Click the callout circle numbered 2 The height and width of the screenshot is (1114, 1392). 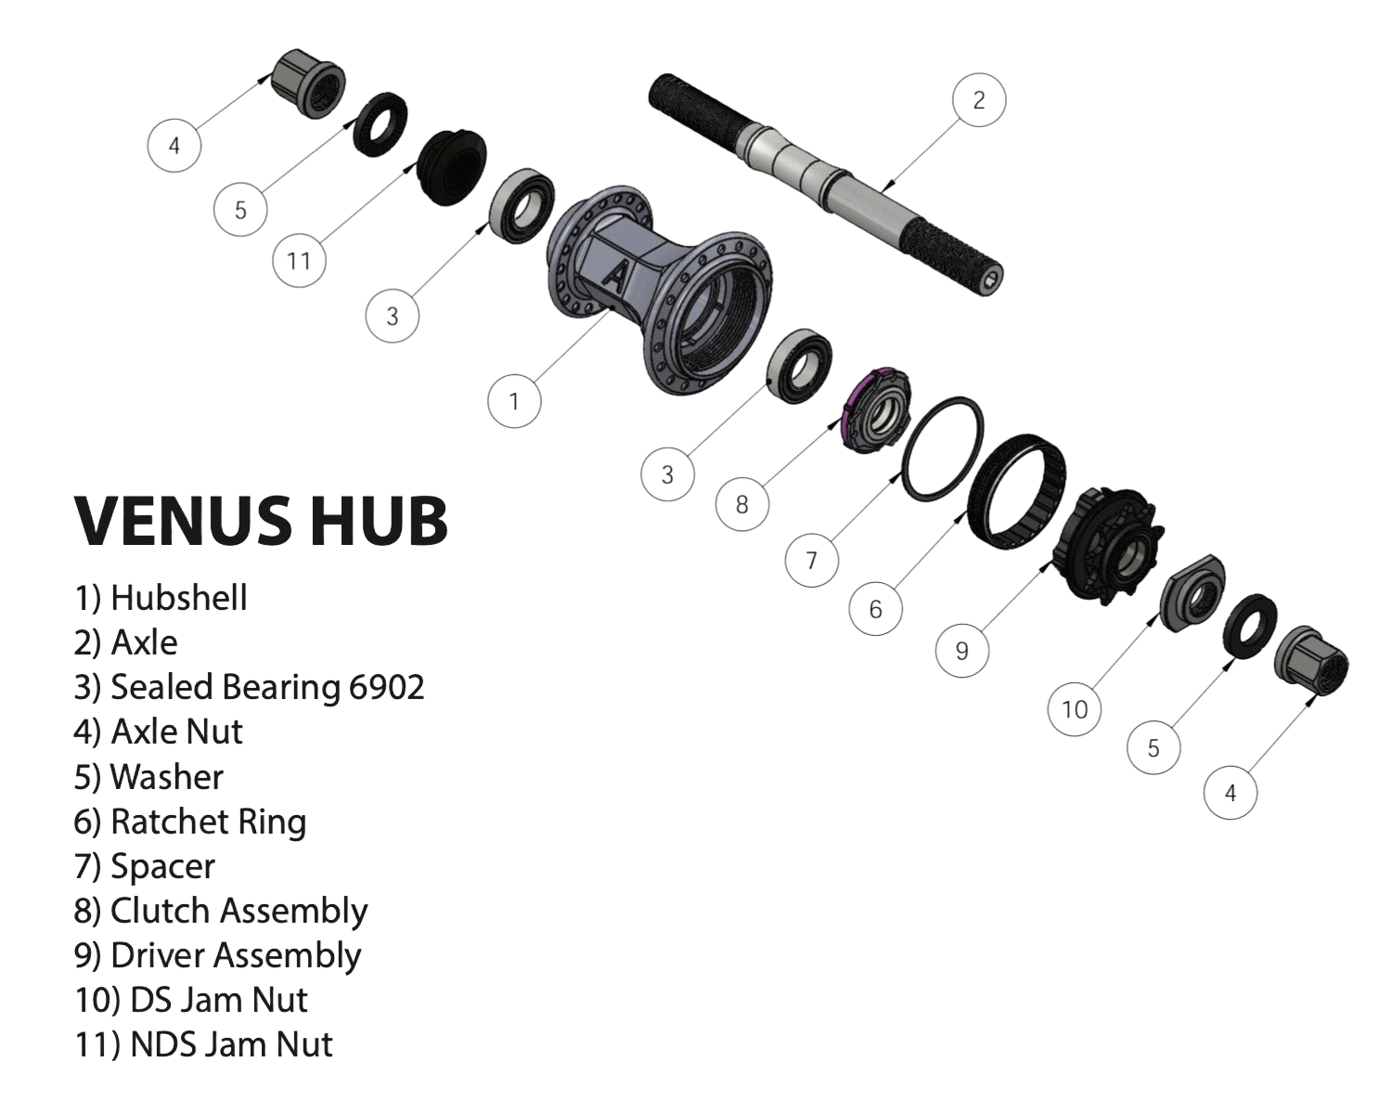coord(979,99)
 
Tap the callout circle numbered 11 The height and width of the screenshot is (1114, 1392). coord(299,261)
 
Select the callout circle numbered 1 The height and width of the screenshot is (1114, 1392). coord(514,401)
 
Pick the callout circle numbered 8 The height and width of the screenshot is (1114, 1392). coord(741,504)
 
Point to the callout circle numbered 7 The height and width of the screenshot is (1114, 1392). coord(812,561)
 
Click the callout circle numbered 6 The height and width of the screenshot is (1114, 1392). coord(875,609)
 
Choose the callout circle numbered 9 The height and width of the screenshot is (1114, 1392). coord(961,651)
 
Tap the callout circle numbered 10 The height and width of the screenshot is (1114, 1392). coord(1074,710)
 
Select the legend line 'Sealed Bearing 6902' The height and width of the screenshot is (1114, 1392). coord(249,687)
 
